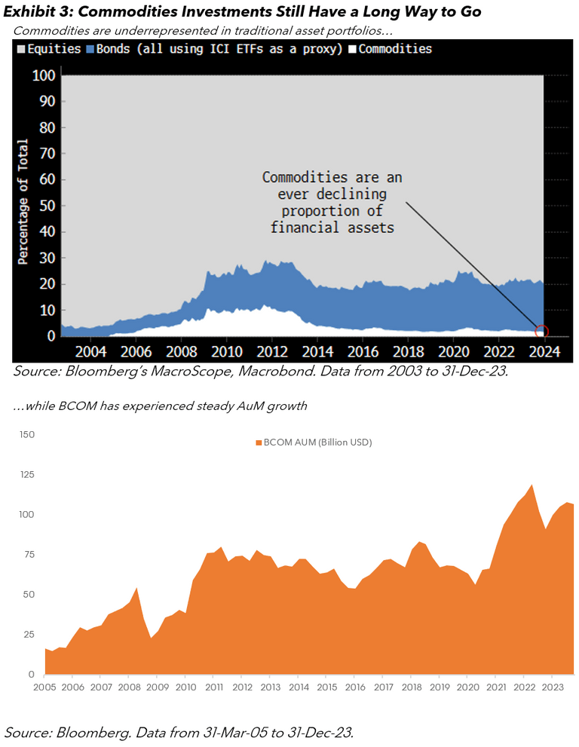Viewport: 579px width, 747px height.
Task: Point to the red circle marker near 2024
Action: tap(541, 331)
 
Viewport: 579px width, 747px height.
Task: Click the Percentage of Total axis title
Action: tap(23, 202)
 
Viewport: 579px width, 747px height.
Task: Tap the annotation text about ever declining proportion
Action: tap(332, 202)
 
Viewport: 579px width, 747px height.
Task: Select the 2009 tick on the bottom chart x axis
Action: tap(157, 687)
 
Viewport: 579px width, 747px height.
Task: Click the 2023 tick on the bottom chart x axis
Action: tap(553, 687)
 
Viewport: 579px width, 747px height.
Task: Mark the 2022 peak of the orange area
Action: tap(532, 485)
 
